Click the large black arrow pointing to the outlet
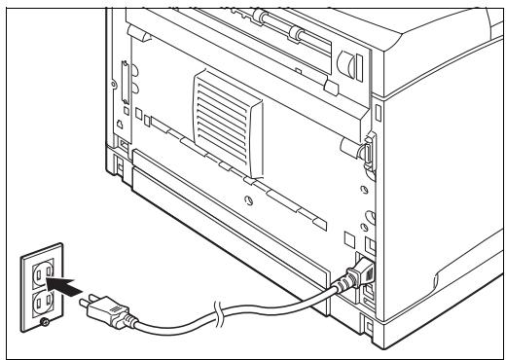coord(59,286)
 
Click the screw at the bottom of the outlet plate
coord(42,322)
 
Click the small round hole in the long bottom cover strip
coord(250,200)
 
